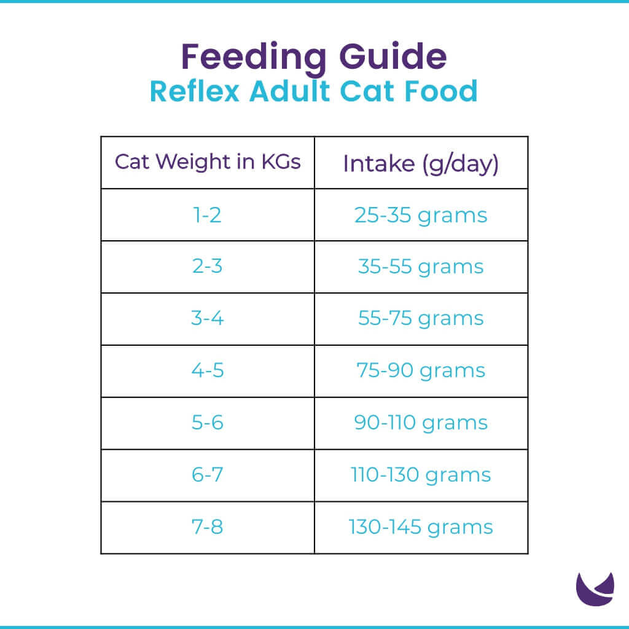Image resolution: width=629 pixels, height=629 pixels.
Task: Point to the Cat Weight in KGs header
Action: [208, 162]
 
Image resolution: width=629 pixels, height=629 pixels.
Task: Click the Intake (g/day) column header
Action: [421, 163]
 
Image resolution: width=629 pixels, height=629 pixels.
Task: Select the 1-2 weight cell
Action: [208, 215]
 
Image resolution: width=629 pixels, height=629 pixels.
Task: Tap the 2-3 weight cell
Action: [208, 267]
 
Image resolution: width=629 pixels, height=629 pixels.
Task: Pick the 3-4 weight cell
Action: [208, 319]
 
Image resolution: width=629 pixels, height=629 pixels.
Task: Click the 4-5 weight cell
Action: [208, 371]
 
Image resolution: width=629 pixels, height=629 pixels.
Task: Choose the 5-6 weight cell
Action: [208, 423]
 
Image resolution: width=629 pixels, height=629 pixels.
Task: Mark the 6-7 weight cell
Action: [208, 475]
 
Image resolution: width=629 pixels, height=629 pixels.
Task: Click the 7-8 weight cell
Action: [208, 527]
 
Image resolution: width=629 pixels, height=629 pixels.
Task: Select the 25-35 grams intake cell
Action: [421, 215]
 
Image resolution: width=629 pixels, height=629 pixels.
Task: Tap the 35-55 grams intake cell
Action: [421, 267]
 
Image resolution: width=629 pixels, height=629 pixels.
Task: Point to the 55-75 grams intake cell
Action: [421, 319]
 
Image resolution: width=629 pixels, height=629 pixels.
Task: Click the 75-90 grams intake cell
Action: [421, 371]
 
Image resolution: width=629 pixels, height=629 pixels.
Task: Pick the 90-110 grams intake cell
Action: [421, 423]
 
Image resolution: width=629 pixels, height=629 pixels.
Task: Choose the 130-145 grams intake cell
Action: [421, 527]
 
